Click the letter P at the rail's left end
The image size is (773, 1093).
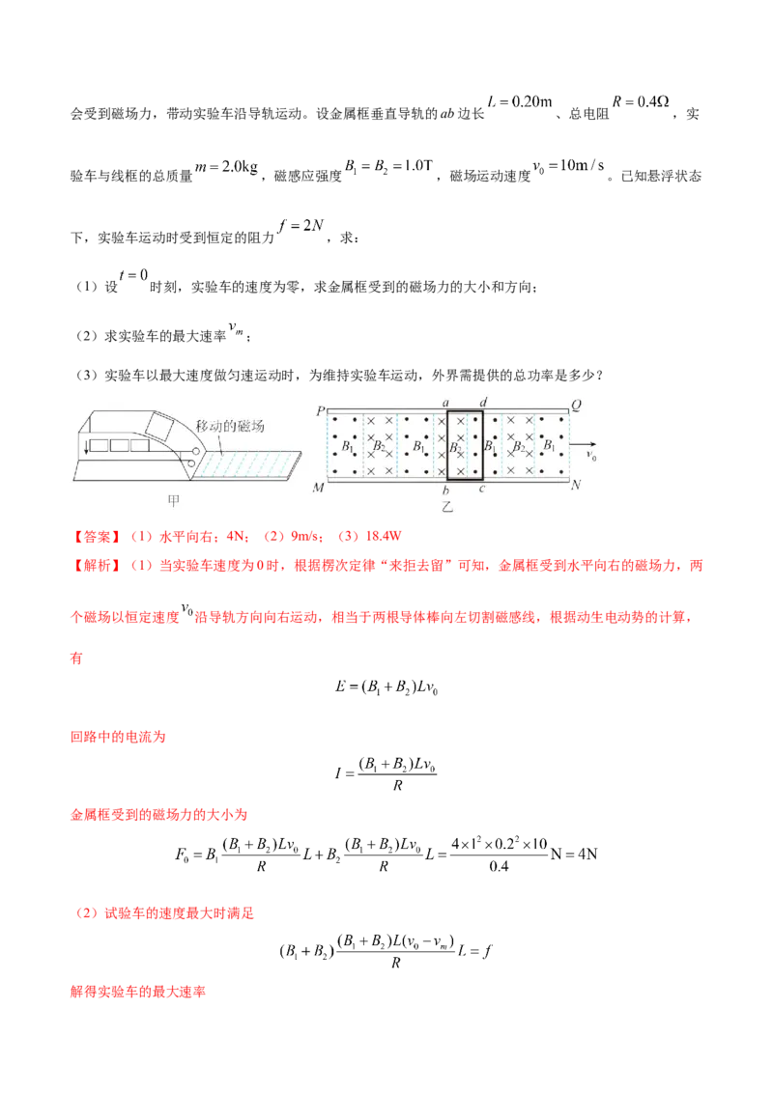(x=319, y=410)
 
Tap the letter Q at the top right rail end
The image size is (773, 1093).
(x=576, y=406)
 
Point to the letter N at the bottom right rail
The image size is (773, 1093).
(x=576, y=486)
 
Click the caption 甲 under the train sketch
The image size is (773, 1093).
(x=174, y=500)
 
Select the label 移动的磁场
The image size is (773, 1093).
(x=229, y=426)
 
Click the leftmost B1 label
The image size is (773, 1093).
(x=346, y=448)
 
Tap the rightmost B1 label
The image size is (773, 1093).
(x=549, y=448)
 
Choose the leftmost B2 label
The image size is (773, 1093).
(x=381, y=449)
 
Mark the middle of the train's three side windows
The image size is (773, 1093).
(x=123, y=446)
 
